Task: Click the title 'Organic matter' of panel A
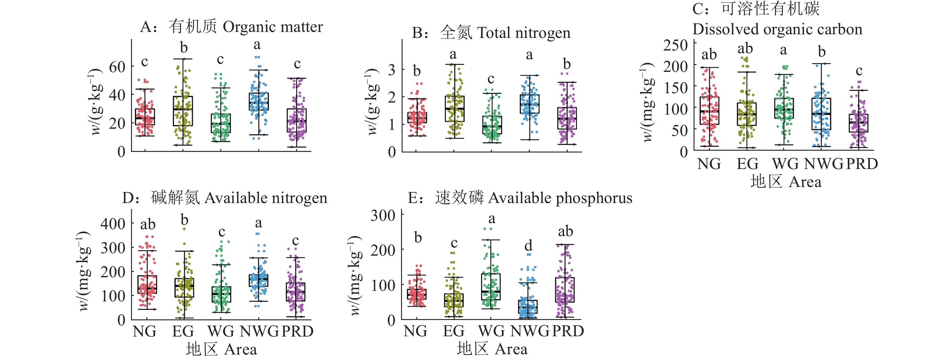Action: click(x=272, y=27)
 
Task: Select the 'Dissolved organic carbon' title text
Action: click(x=777, y=29)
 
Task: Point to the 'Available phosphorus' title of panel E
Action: click(x=560, y=198)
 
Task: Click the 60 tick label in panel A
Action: click(x=117, y=67)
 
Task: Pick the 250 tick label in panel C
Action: click(x=675, y=45)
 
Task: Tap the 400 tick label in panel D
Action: click(x=113, y=223)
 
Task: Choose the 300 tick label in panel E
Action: click(x=383, y=215)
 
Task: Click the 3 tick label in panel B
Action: click(x=392, y=69)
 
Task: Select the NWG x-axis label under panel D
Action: click(x=259, y=331)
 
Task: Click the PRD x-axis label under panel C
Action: click(x=862, y=164)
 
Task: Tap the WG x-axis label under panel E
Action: click(x=492, y=331)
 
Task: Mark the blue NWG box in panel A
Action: click(x=259, y=101)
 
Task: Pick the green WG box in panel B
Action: click(x=492, y=125)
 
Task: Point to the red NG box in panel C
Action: click(x=709, y=110)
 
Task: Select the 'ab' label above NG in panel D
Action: click(x=148, y=224)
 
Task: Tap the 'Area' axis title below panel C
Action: click(x=805, y=182)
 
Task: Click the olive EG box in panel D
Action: click(x=184, y=288)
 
